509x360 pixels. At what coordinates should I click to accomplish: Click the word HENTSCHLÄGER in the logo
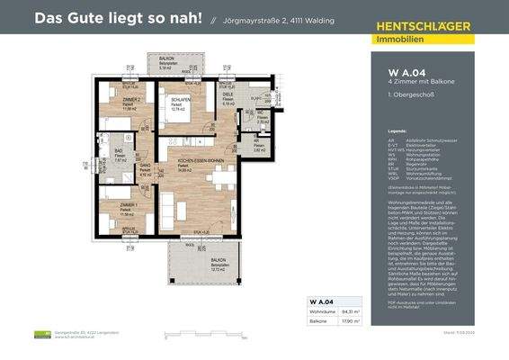424,27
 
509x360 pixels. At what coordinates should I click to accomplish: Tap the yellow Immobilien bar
424,39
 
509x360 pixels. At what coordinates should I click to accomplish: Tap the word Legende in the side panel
397,130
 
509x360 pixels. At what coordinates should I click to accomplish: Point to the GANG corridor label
144,165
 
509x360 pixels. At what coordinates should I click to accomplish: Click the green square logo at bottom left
39,335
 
